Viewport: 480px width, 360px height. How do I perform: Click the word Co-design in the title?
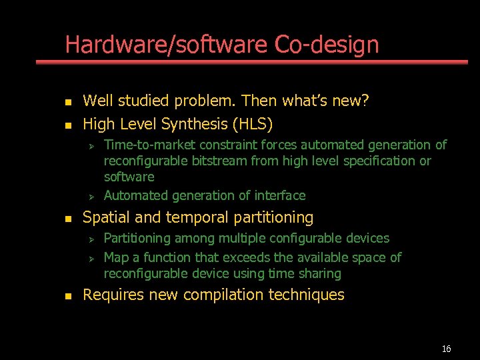coord(327,45)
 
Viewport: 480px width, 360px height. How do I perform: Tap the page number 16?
coord(447,349)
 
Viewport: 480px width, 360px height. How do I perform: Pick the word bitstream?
coord(220,161)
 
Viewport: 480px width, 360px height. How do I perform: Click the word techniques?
coord(311,295)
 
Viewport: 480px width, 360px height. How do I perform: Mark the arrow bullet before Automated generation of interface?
coord(94,196)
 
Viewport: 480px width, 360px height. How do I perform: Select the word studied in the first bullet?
coord(141,101)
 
